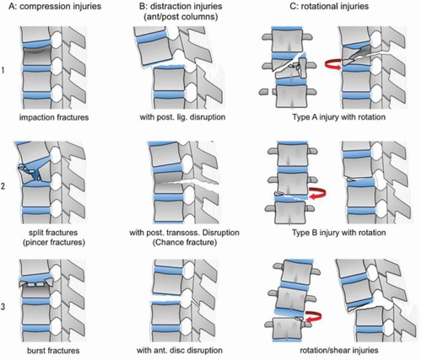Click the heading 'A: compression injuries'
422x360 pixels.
pos(55,6)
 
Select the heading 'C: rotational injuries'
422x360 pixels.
pos(329,6)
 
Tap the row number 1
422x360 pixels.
pos(3,70)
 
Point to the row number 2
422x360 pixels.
pos(3,185)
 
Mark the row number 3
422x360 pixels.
pos(3,306)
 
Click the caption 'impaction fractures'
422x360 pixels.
pos(54,117)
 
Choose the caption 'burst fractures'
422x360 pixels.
pos(53,351)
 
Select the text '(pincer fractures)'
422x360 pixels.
pos(54,242)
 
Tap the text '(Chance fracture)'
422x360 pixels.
pos(185,242)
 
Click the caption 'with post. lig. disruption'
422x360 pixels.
pos(182,117)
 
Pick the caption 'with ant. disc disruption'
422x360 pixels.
pos(180,351)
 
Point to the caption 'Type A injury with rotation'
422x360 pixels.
pos(338,117)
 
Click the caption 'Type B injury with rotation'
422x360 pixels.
pos(338,233)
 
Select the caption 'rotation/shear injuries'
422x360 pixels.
pos(339,351)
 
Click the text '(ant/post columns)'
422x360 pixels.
pos(181,17)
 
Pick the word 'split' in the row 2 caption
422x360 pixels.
pos(36,233)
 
